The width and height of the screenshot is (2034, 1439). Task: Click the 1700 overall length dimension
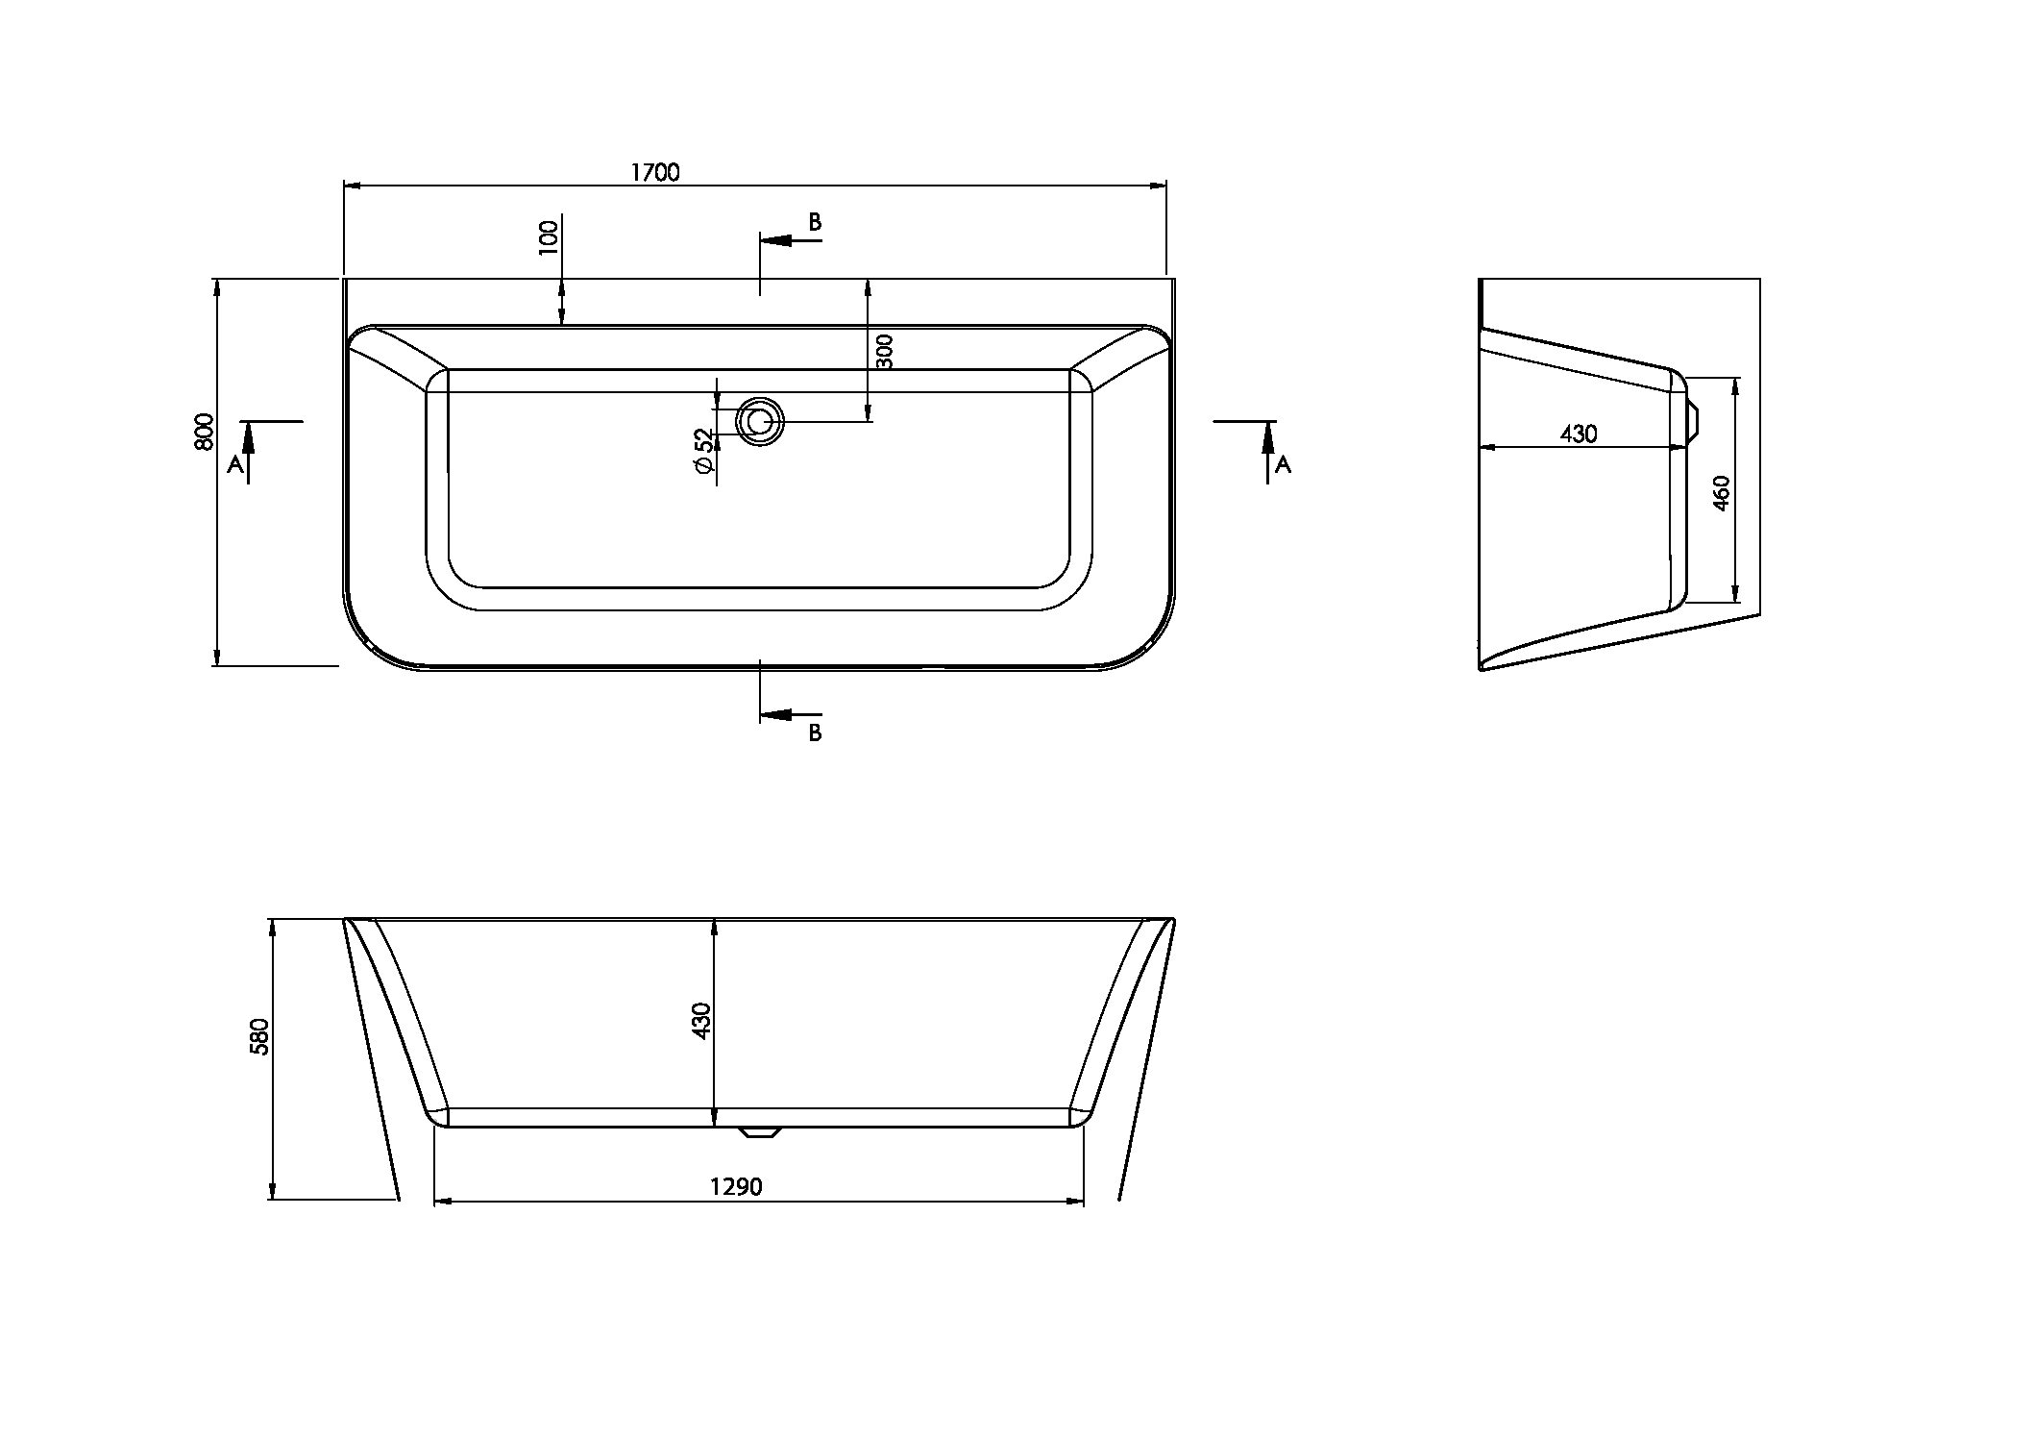click(x=655, y=172)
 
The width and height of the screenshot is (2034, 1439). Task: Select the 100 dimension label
click(x=548, y=236)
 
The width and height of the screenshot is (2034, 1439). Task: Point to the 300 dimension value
click(x=885, y=351)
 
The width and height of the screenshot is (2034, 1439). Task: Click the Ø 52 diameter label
click(x=703, y=451)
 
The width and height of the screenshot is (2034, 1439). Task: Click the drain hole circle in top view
click(x=760, y=422)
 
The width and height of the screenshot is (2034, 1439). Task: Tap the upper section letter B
click(x=815, y=222)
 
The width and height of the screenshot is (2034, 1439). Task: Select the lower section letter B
click(x=815, y=732)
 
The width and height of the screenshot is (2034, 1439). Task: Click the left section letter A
click(x=235, y=465)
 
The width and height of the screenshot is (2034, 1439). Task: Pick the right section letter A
click(x=1283, y=465)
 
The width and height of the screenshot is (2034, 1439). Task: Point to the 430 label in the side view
click(x=1578, y=434)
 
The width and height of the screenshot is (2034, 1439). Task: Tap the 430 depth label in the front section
click(x=702, y=1020)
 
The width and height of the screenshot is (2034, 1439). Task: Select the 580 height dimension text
click(x=258, y=1037)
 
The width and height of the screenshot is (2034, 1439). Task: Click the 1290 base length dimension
click(x=736, y=1187)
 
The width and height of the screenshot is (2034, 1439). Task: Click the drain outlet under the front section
click(x=760, y=1132)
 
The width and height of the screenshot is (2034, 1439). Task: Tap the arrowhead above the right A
click(x=1268, y=438)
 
